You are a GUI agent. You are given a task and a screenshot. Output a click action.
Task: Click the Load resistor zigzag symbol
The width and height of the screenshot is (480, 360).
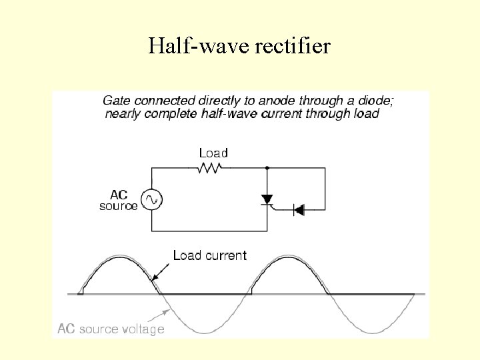click(x=209, y=168)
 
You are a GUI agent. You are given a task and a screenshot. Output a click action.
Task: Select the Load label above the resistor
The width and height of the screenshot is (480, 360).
click(x=213, y=153)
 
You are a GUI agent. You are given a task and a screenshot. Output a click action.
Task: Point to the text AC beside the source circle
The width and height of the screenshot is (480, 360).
click(x=118, y=195)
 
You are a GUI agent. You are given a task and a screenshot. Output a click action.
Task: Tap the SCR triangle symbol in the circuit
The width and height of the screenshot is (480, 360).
click(x=267, y=199)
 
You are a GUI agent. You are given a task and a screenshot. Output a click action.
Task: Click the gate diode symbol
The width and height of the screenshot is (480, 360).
click(x=299, y=211)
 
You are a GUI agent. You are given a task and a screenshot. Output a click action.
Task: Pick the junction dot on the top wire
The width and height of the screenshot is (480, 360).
click(x=267, y=168)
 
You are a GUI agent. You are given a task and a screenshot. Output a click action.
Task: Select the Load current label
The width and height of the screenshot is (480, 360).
click(x=209, y=255)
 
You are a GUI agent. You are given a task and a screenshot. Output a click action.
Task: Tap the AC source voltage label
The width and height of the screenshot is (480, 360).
click(x=111, y=329)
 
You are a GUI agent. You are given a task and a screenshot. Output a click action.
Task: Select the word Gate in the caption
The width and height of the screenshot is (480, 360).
click(x=117, y=101)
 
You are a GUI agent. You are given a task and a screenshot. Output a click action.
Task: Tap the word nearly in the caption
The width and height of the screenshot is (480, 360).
click(x=121, y=113)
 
